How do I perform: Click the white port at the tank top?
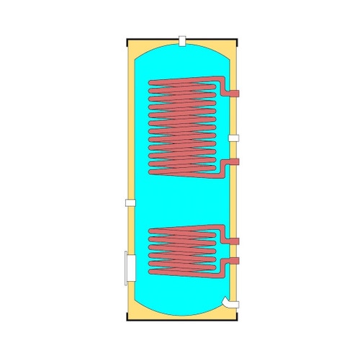[184, 40]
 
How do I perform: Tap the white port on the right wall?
[235, 138]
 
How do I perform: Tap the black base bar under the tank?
[184, 321]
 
